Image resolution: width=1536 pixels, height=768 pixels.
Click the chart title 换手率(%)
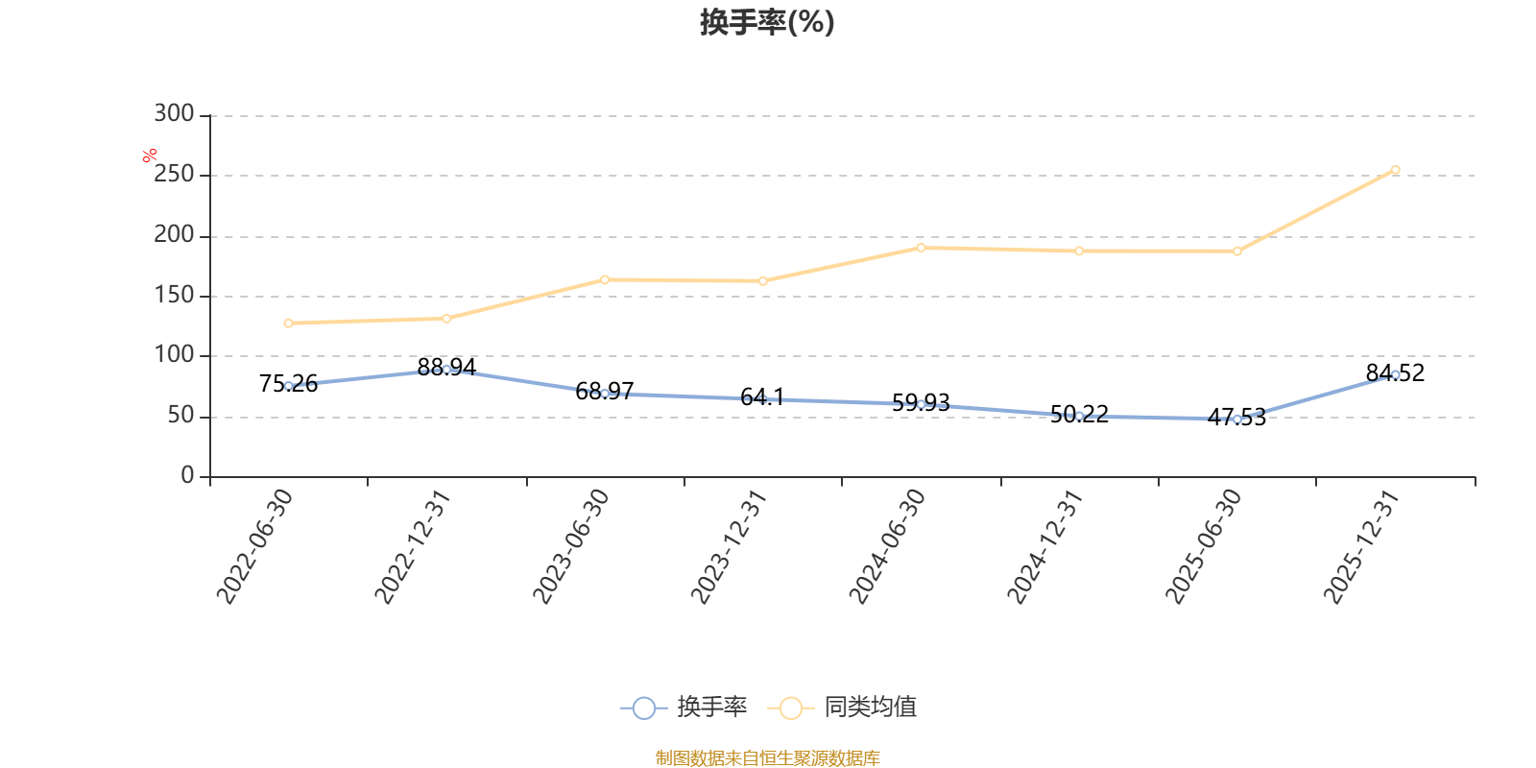767,22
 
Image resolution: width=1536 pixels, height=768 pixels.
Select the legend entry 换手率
684,707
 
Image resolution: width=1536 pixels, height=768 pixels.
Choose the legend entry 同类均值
842,707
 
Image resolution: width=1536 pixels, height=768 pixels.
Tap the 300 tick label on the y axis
174,113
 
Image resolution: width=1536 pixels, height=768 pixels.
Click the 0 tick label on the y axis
187,474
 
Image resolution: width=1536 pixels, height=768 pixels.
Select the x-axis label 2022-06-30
255,546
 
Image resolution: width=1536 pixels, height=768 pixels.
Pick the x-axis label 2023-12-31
729,546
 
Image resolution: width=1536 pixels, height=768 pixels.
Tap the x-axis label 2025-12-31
1361,546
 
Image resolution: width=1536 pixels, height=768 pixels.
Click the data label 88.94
446,368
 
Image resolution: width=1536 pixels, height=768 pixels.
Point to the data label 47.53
1236,417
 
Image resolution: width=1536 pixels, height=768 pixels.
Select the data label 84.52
1395,373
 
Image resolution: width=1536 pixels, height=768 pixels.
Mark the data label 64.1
762,396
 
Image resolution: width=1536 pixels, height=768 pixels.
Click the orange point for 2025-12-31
1395,170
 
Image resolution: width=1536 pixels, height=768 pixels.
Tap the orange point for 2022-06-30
288,323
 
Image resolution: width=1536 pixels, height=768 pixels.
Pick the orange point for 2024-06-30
921,248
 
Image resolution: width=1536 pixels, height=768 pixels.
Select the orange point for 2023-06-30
605,279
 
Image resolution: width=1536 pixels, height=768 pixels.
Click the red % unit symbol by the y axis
150,156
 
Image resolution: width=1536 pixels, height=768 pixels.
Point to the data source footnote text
767,757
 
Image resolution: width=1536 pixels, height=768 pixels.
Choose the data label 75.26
288,384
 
